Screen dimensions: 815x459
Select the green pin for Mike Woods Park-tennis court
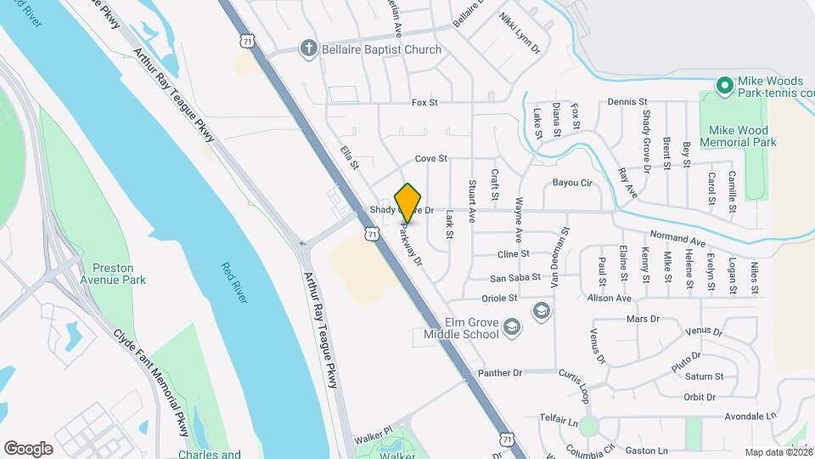coord(724,85)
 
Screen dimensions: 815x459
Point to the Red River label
coord(234,282)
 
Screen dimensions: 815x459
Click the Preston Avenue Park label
coord(120,273)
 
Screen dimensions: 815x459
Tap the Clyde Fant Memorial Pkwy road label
coord(154,377)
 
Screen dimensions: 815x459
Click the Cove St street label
coord(430,159)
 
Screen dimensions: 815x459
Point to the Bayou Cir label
coord(571,183)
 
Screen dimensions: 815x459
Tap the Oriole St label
coord(500,298)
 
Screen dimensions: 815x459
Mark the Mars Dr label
coord(642,319)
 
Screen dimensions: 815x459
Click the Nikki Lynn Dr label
coord(520,33)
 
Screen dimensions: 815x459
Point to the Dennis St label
coord(627,102)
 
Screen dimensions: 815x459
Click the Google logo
coord(28,448)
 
